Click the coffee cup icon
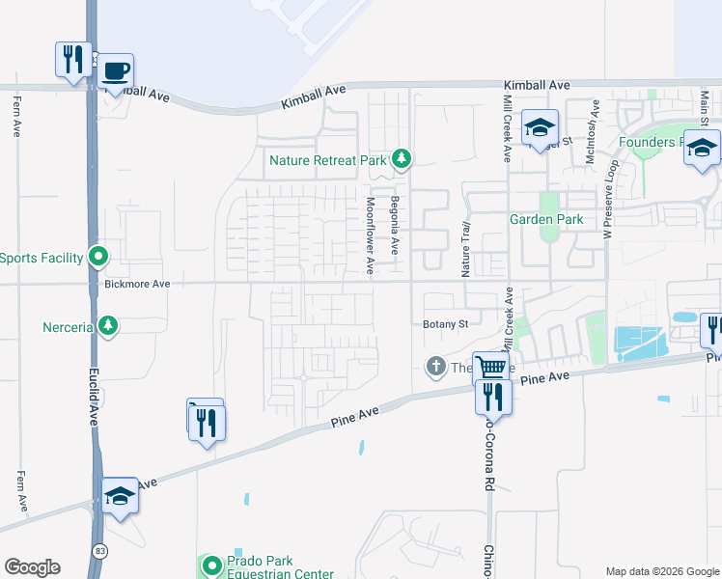[x=116, y=71]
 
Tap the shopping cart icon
[x=490, y=367]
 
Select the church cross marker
[x=435, y=367]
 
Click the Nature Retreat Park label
[x=328, y=160]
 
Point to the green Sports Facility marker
[x=97, y=257]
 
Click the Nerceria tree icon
[x=109, y=326]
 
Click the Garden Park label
[x=546, y=219]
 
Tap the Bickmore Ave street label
[x=137, y=285]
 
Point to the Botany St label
[x=445, y=324]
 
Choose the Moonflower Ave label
[x=370, y=235]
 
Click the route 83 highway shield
[x=100, y=549]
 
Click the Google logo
[x=32, y=567]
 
